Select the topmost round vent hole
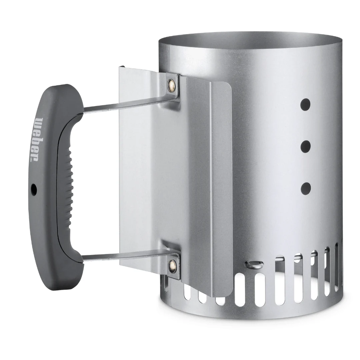306,104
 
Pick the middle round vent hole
306,146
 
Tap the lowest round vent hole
306,188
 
